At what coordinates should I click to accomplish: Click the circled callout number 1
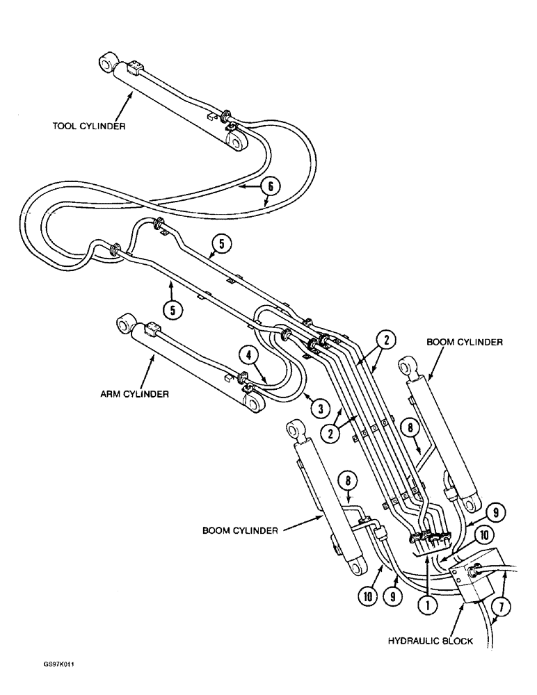click(x=427, y=605)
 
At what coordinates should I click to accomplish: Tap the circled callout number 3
click(x=320, y=406)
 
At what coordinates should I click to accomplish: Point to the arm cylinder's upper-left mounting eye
click(x=126, y=323)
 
